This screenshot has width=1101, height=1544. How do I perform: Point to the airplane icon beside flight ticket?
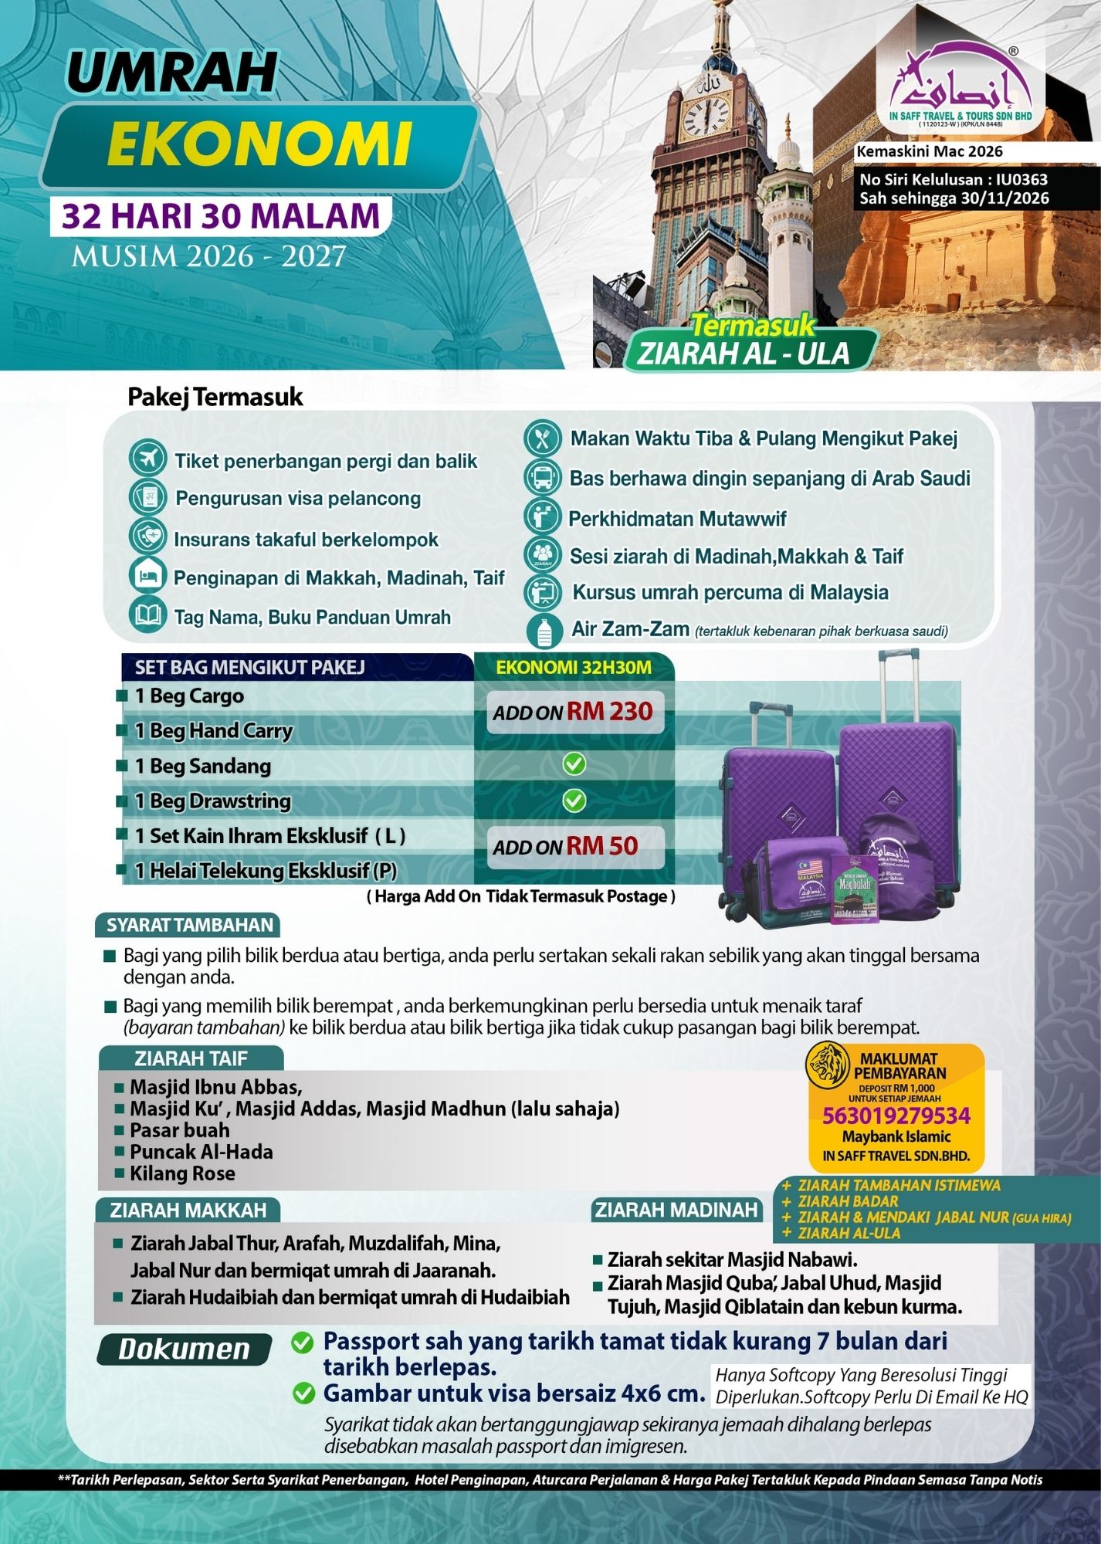point(148,460)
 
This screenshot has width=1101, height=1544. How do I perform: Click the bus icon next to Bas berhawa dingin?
point(543,477)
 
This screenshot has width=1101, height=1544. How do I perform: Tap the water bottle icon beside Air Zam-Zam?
point(543,631)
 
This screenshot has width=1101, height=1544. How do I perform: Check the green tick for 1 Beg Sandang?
point(574,764)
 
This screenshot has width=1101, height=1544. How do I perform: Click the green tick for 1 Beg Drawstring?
point(574,801)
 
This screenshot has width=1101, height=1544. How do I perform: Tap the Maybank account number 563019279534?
point(896,1116)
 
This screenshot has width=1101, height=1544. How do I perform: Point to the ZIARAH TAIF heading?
point(191,1058)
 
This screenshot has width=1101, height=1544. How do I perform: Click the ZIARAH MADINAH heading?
point(676,1210)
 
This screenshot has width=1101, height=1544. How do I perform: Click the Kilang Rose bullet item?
point(182,1173)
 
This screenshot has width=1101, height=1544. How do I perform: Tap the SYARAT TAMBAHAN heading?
point(190,926)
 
